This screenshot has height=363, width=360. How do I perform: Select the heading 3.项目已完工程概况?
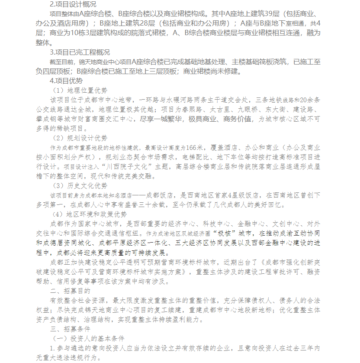pos(80,52)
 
